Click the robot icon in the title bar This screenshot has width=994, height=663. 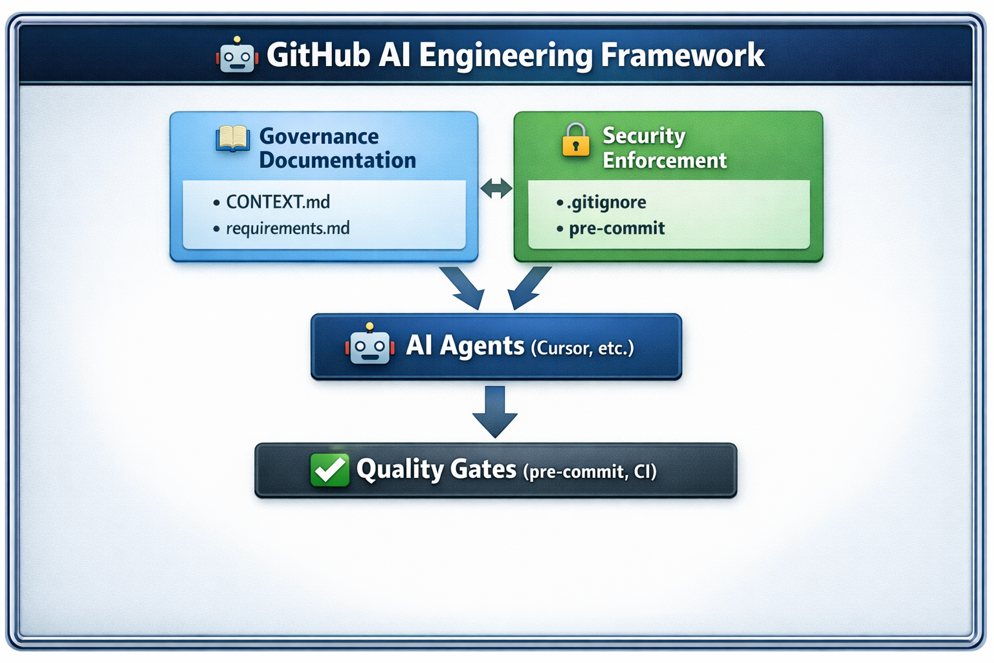click(237, 56)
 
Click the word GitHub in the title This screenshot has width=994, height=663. click(318, 55)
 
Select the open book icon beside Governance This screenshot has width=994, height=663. click(232, 139)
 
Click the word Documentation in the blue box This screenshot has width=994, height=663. click(337, 161)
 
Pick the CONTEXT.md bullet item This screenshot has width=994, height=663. click(278, 202)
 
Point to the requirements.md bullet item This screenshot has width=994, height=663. click(287, 229)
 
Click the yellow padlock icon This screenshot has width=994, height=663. click(575, 140)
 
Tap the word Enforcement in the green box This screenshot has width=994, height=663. click(665, 161)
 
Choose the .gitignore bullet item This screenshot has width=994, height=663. click(606, 203)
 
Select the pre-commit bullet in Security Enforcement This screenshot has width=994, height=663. click(616, 229)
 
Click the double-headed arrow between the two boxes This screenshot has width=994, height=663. click(496, 188)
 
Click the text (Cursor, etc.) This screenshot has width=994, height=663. click(582, 348)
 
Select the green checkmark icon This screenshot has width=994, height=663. click(329, 469)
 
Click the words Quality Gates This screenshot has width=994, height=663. click(436, 469)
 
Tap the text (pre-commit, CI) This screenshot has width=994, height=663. click(589, 472)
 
